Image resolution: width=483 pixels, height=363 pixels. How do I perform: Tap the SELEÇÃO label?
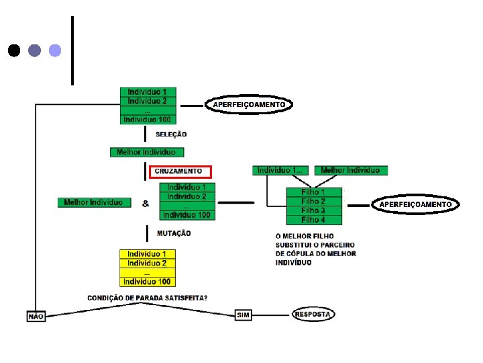(172, 134)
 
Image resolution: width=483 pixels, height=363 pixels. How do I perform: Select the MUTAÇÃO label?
(174, 233)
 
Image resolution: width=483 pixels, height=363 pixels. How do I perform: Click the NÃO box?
(36, 315)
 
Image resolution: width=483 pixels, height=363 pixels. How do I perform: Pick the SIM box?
(243, 315)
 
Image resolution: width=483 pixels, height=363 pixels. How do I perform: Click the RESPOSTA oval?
(313, 314)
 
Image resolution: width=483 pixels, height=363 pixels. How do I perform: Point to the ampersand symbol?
(146, 203)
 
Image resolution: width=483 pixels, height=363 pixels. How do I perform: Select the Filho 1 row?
(313, 192)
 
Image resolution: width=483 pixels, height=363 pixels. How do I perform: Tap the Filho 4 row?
(313, 220)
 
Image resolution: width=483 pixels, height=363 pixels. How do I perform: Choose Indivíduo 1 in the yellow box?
(147, 254)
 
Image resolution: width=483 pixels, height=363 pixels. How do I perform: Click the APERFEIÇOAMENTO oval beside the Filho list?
(416, 204)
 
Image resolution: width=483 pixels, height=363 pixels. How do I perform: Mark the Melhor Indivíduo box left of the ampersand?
(93, 202)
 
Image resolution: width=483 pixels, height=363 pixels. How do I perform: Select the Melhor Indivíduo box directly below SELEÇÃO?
(146, 152)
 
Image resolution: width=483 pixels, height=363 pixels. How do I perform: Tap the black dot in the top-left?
(14, 50)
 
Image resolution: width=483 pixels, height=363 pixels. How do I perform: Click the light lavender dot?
(56, 50)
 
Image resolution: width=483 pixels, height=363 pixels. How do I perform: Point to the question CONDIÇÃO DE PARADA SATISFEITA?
(148, 298)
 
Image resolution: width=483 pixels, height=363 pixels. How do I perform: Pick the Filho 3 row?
(313, 210)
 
